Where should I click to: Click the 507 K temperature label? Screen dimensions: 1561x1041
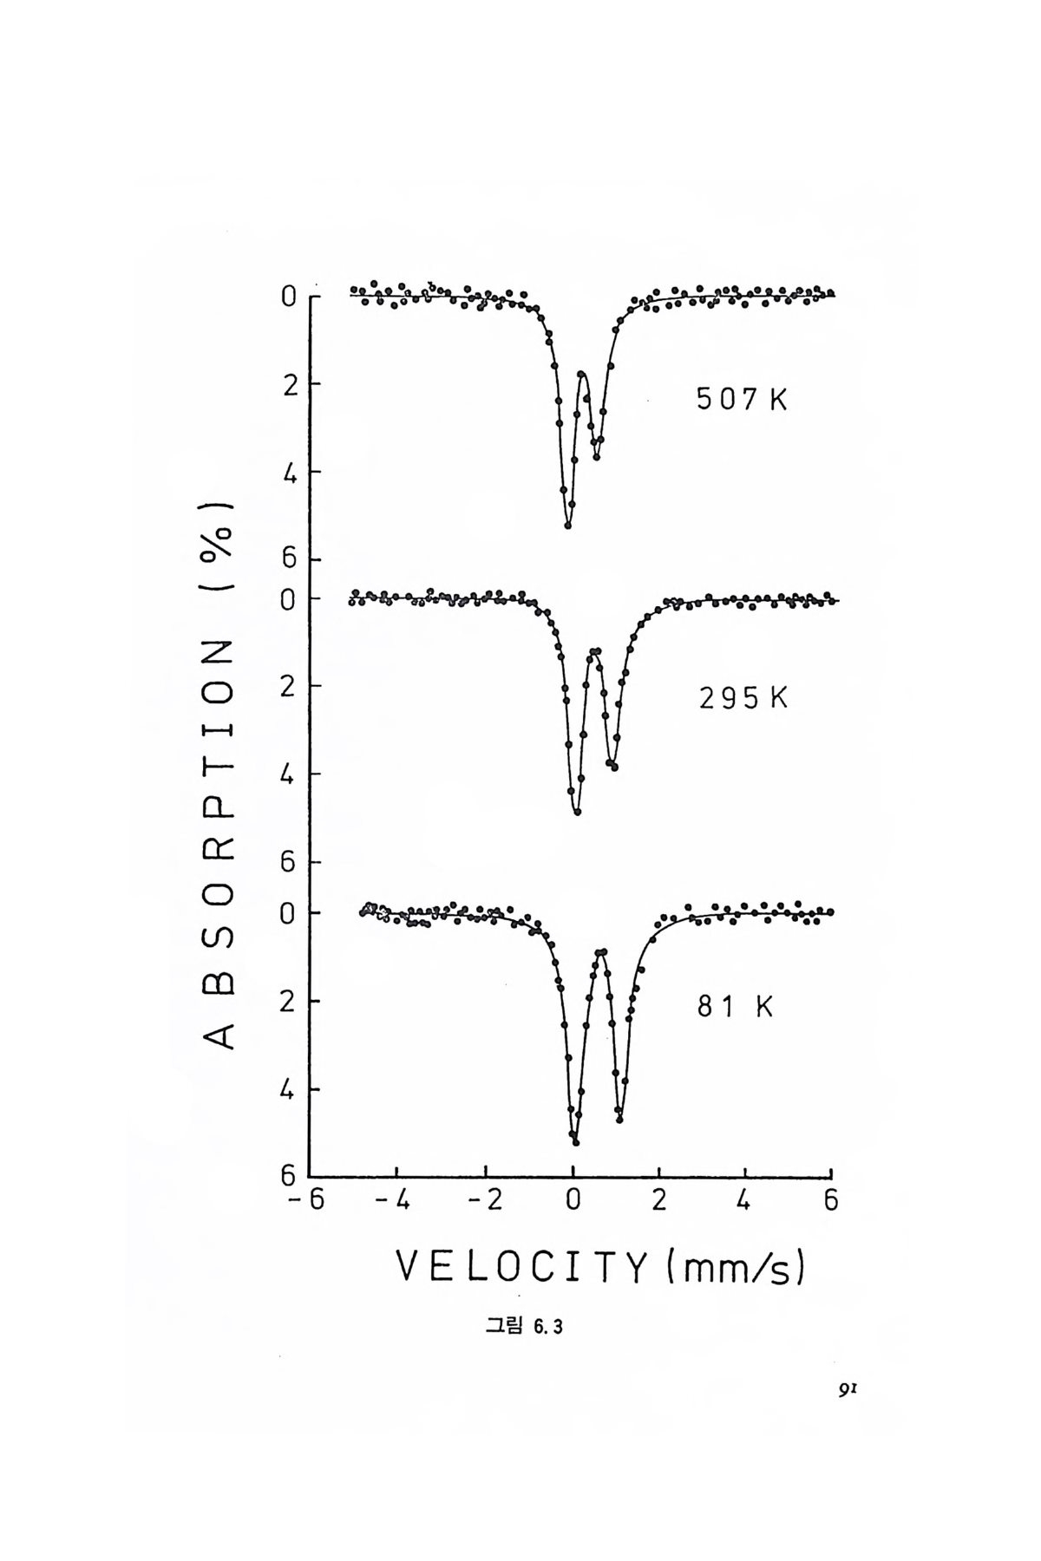pos(742,400)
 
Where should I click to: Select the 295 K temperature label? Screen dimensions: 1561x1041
pos(743,698)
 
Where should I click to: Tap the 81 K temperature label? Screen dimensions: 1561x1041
pos(735,1007)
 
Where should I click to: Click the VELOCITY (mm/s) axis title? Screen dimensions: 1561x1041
pos(601,1269)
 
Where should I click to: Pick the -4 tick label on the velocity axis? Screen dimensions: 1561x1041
pos(395,1202)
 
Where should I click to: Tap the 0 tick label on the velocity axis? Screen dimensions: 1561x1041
pos(573,1202)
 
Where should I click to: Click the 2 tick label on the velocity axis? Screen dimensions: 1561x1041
pos(658,1202)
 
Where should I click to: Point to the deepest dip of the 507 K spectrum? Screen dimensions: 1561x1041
pos(568,524)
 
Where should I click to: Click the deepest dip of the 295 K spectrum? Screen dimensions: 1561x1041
pos(577,812)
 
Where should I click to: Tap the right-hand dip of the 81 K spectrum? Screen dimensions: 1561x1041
pos(619,1119)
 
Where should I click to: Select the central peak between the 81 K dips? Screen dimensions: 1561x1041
pos(600,952)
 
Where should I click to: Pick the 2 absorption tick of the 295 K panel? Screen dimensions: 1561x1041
pos(289,686)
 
